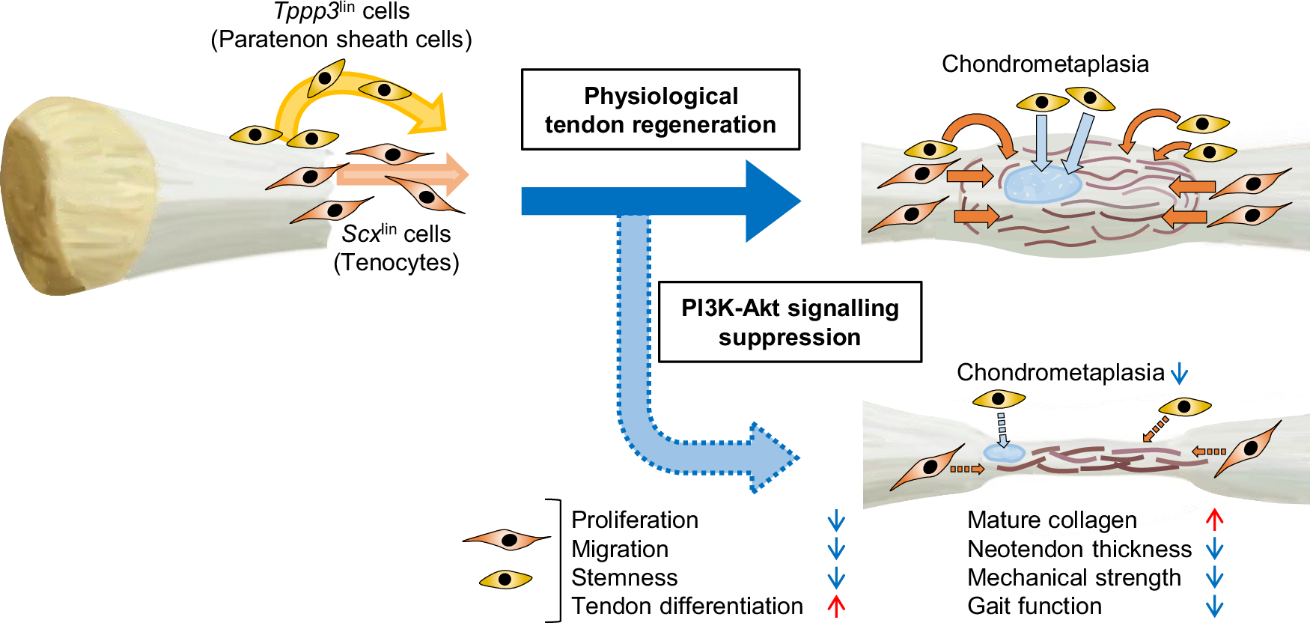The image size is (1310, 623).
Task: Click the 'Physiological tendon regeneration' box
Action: coord(660,110)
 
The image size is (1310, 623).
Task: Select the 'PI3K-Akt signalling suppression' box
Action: coord(790,322)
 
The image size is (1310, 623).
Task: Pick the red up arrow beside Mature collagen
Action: coord(1214,519)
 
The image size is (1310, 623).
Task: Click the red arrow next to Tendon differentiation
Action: coord(836,606)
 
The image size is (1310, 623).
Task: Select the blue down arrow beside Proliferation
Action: coord(836,520)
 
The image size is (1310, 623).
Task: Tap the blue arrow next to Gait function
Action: coord(1214,606)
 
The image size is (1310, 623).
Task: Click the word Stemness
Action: coord(624,577)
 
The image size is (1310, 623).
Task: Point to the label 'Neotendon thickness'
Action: coord(1079,549)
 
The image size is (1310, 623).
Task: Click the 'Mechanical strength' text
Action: coord(1073,577)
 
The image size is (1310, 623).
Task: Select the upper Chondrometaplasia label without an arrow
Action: coord(1045,64)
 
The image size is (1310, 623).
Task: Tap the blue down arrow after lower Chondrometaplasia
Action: coord(1179,373)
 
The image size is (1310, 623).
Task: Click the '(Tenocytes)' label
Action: coord(396,263)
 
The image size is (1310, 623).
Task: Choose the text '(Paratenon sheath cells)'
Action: coord(341,39)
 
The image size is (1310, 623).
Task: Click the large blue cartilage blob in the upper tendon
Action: coord(1041,184)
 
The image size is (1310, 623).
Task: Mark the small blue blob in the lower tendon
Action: coord(1003,453)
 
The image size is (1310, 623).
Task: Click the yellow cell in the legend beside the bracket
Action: coord(506,579)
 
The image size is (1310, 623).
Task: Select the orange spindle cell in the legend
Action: coord(508,539)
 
